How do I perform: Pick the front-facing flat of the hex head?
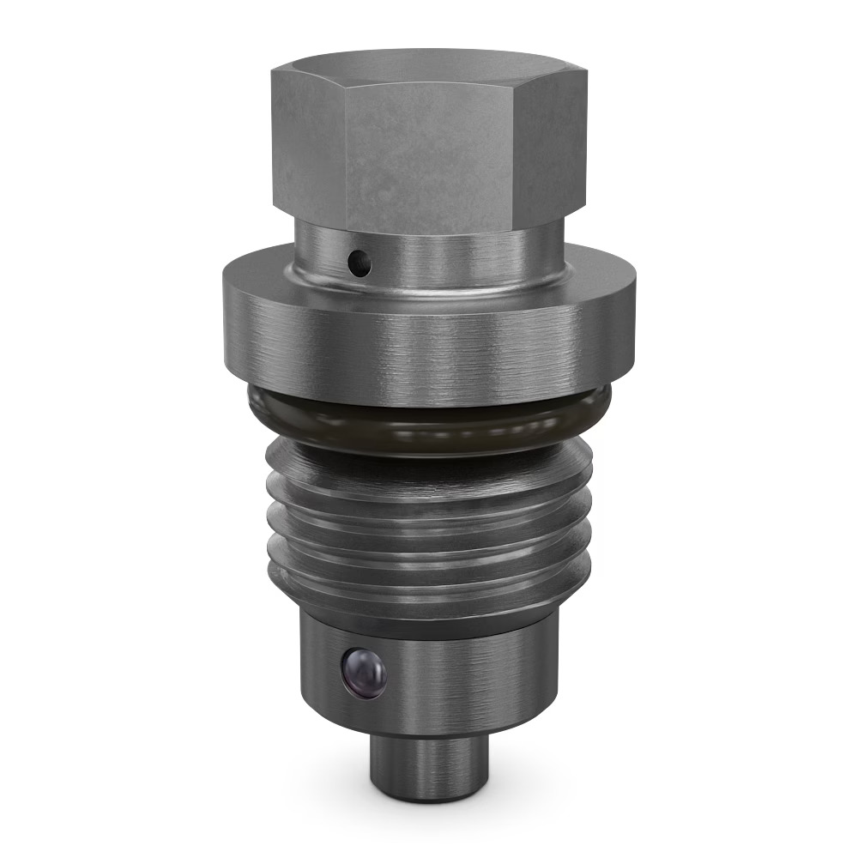pos(429,154)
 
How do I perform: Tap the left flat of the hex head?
pos(309,142)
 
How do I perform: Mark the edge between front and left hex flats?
pos(345,154)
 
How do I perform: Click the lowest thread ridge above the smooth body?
pos(429,583)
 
